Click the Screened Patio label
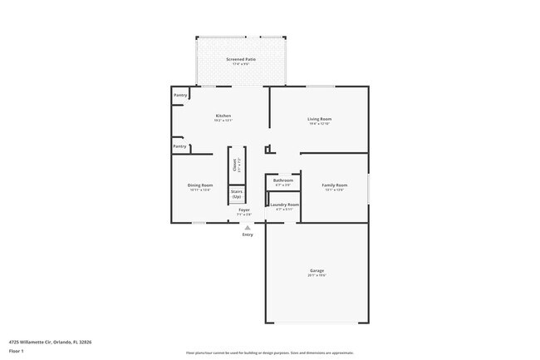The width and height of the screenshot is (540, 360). pos(240,60)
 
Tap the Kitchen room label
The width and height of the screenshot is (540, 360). pos(223,116)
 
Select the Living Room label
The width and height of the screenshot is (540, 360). pos(319,119)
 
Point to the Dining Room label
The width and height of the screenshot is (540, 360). pos(199,185)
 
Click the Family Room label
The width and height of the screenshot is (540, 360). pos(335,185)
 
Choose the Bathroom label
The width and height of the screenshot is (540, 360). pos(283,180)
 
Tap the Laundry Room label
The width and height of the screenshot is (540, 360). pos(283,205)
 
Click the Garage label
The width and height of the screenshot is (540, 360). pos(317,270)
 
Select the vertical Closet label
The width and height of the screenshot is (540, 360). pos(235,165)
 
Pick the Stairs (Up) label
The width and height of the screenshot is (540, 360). pos(237,194)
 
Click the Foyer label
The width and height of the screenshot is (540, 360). pos(244,210)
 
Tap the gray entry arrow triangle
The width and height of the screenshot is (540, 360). pos(247,226)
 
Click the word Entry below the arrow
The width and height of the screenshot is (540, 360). pos(248,234)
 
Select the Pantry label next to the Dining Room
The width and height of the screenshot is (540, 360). pos(179,146)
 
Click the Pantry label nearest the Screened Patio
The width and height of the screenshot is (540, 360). pos(179,95)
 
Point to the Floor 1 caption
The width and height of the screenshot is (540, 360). pos(17,351)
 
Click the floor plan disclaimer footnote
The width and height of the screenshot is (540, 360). pos(269,353)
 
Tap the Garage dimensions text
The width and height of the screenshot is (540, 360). pos(317,276)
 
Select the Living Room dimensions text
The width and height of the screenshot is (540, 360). pos(319,124)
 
